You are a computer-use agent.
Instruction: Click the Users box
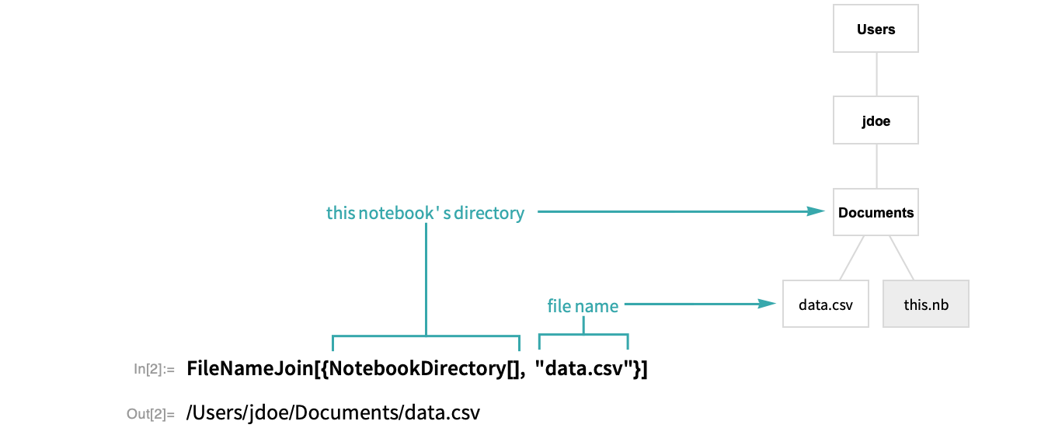[x=876, y=30]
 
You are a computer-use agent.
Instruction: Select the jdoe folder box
[x=876, y=120]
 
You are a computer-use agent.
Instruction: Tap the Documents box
[x=876, y=212]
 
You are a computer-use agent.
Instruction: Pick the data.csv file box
[x=825, y=304]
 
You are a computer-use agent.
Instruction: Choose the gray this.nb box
[x=926, y=304]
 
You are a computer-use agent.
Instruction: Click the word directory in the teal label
[x=489, y=213]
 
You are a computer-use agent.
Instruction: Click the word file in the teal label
[x=559, y=306]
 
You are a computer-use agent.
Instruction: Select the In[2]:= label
[x=155, y=369]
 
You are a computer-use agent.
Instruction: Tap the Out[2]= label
[x=151, y=414]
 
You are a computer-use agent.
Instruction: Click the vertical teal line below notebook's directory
[x=426, y=280]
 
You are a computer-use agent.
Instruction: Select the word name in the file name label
[x=597, y=306]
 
